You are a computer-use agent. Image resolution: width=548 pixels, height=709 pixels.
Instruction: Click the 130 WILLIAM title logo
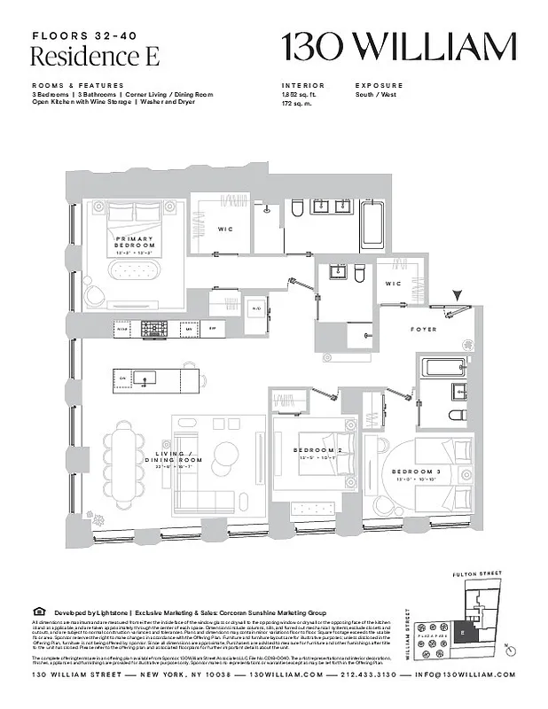click(x=398, y=47)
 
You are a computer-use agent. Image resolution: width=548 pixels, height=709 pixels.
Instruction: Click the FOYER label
click(x=423, y=330)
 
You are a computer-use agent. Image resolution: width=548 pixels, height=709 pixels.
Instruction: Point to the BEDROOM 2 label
click(x=317, y=450)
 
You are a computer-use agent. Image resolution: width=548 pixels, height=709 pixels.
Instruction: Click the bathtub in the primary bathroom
click(x=372, y=226)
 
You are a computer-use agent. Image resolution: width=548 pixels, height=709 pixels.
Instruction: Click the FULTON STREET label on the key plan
click(x=477, y=573)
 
